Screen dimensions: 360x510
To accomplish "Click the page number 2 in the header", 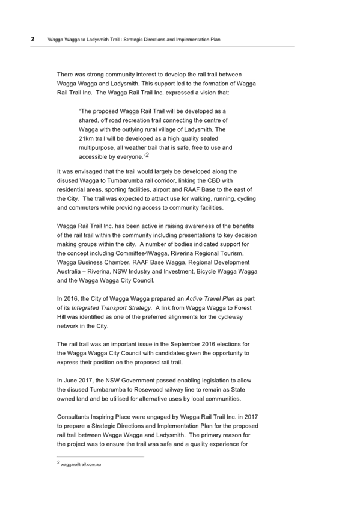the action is coord(32,39).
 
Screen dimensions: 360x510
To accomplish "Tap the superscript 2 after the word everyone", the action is coord(147,155).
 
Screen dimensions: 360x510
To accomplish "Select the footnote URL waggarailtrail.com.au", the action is coord(81,465).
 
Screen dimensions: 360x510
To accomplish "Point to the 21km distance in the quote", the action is coord(86,138).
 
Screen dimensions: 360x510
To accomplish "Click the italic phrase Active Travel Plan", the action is coord(210,298).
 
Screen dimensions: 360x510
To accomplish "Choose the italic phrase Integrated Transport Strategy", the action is coord(111,308).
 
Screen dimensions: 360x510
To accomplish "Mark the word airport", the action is coord(162,189).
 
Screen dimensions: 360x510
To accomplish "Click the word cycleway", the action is coord(230,317).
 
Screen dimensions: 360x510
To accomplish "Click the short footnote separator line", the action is coord(100,456).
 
